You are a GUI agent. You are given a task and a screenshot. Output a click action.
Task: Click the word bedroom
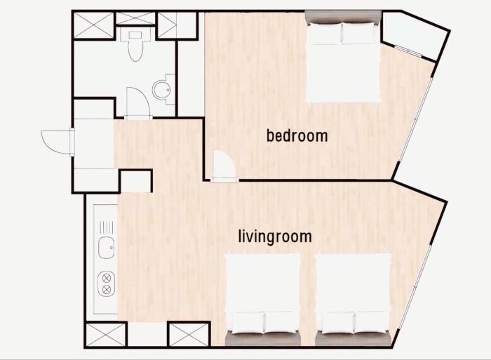click(297, 136)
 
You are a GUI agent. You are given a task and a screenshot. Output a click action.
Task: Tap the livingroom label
click(275, 236)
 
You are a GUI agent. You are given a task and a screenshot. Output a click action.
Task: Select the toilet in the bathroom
click(135, 46)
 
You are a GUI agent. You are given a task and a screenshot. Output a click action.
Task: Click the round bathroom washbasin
click(162, 90)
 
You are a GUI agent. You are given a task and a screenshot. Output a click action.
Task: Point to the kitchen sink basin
click(107, 248)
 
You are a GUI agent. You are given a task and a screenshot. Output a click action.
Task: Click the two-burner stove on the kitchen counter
click(107, 284)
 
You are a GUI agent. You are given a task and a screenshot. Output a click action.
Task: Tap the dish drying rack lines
click(106, 227)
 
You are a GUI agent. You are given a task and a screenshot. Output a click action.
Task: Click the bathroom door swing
click(138, 102)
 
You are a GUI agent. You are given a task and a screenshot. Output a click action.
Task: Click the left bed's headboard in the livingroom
click(263, 340)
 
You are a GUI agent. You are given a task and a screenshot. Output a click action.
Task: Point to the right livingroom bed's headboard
click(354, 340)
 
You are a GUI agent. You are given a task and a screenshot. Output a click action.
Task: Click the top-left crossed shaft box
click(93, 25)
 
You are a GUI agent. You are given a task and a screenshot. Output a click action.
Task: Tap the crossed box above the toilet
click(135, 19)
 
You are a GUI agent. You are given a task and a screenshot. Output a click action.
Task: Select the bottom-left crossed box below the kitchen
click(105, 334)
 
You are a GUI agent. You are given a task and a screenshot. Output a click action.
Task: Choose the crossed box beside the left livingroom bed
click(189, 334)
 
